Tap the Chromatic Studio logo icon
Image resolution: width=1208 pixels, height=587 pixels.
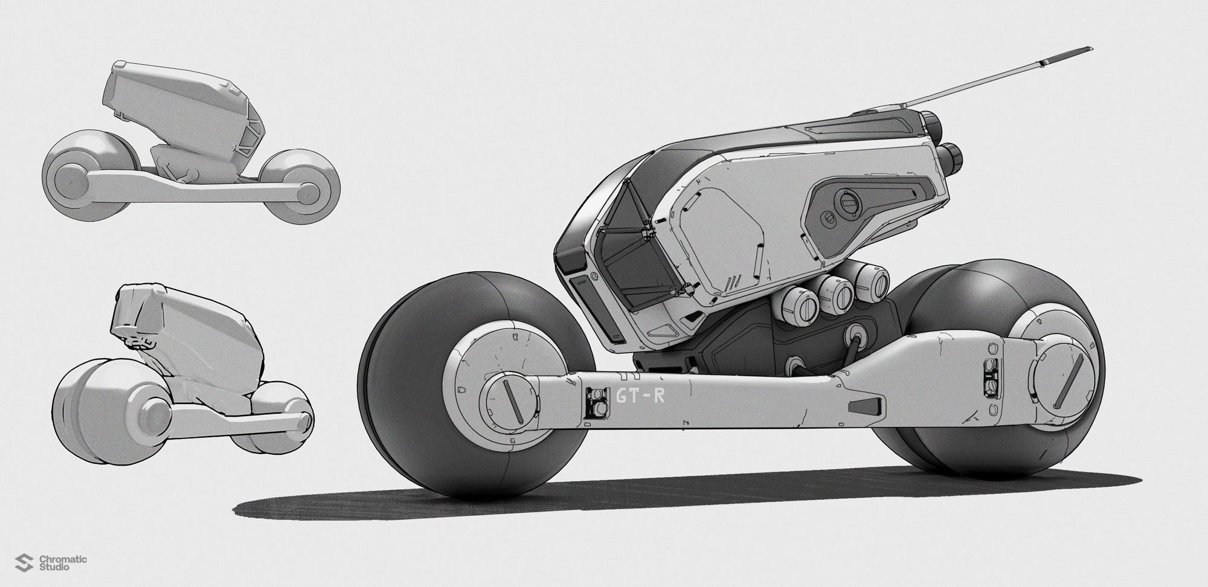click(x=26, y=563)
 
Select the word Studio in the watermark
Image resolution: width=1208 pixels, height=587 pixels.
click(x=53, y=568)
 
